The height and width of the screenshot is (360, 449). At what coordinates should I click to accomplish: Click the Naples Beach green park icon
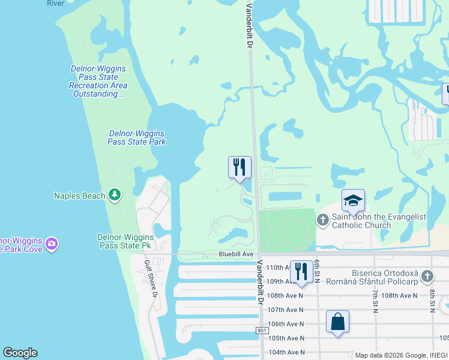[115, 195]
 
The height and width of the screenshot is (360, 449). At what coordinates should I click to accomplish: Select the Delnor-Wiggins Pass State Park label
[136, 137]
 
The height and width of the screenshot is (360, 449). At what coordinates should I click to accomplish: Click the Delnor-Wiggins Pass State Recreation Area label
[98, 81]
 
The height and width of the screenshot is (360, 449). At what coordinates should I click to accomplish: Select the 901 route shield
[261, 331]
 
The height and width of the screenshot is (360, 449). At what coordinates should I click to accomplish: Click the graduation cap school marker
[353, 200]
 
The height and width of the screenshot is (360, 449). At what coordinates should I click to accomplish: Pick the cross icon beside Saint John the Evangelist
[322, 220]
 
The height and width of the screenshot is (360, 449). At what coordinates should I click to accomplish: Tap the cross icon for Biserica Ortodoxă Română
[427, 277]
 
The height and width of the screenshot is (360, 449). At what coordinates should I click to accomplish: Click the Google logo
[20, 353]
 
